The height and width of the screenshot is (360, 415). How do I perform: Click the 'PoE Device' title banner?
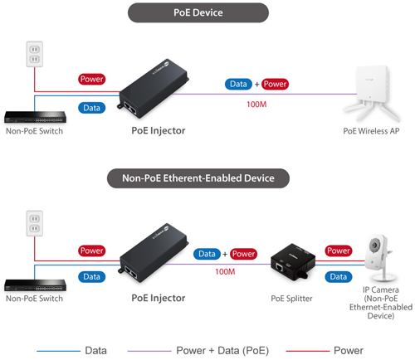click(198, 12)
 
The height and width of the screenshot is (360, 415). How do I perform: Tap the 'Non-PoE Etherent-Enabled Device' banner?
click(198, 178)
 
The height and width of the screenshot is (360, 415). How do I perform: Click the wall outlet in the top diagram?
click(35, 54)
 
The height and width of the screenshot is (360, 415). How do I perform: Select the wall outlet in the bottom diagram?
click(35, 223)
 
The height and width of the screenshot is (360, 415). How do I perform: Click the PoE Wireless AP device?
click(372, 93)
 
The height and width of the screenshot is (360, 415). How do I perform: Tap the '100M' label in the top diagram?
click(256, 105)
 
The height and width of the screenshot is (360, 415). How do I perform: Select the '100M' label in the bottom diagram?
click(225, 272)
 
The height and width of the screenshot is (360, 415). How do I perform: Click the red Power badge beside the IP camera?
click(339, 251)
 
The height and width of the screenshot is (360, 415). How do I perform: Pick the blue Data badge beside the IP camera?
click(339, 277)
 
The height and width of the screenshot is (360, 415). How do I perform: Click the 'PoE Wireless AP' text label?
click(371, 131)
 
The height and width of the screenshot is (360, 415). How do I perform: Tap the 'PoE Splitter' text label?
click(291, 299)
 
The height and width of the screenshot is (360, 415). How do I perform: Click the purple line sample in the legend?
click(149, 351)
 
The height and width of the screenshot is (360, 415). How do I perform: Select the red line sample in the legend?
click(308, 351)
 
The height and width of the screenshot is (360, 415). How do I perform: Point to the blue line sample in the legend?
click(59, 351)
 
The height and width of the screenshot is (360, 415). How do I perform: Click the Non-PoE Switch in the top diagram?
click(35, 117)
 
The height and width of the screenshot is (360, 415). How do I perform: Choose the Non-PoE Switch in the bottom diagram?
click(35, 285)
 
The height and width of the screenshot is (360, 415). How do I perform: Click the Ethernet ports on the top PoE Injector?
click(129, 108)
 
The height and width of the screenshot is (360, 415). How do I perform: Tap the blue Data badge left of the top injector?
click(91, 108)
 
